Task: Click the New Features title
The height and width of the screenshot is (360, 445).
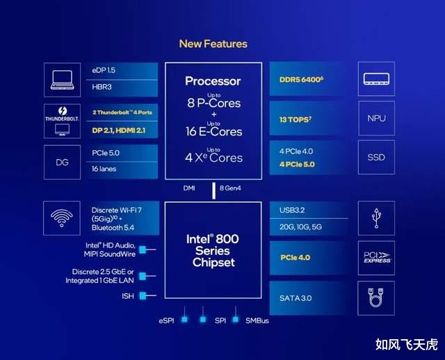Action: (x=213, y=44)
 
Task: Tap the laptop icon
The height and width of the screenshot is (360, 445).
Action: (x=62, y=80)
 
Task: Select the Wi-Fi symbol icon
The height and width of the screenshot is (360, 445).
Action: (x=62, y=218)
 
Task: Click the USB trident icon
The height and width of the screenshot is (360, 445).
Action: (x=376, y=218)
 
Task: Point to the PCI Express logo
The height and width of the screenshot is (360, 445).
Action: (x=377, y=258)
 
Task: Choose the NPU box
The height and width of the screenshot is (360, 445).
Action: (x=376, y=118)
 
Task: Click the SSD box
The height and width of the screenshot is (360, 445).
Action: (x=376, y=157)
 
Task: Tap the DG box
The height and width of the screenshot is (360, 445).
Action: (x=62, y=162)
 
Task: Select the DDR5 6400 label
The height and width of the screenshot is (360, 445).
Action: (x=301, y=80)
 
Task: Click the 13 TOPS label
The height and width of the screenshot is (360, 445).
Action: (x=295, y=120)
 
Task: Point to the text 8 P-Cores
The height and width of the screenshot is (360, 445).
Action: (x=213, y=103)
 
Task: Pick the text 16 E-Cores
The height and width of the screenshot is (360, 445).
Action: (x=213, y=131)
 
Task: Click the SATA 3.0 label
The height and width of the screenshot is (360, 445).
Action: (x=296, y=298)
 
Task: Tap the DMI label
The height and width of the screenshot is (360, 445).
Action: (x=189, y=188)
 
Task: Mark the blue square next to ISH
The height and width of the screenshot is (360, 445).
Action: (x=143, y=296)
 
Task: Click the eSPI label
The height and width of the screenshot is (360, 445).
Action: (x=166, y=320)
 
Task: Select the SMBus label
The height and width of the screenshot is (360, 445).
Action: (x=257, y=320)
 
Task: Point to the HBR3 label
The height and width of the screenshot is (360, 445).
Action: (x=102, y=87)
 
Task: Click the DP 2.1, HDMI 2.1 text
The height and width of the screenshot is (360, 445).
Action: (x=119, y=131)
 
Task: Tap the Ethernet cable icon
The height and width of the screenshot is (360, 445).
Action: (x=376, y=297)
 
